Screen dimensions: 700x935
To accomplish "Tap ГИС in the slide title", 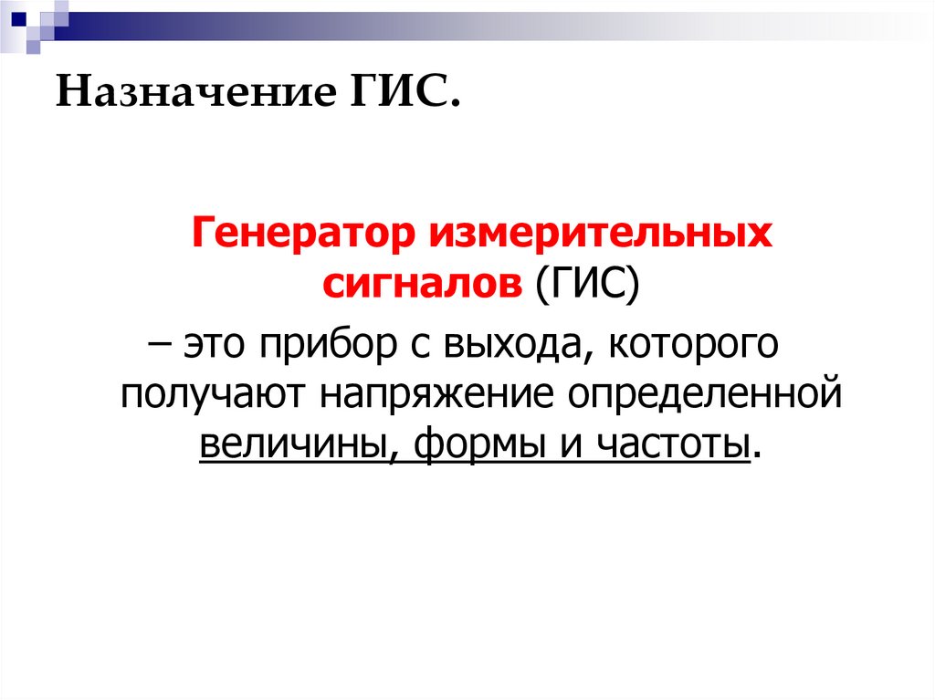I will tap(399, 94).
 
